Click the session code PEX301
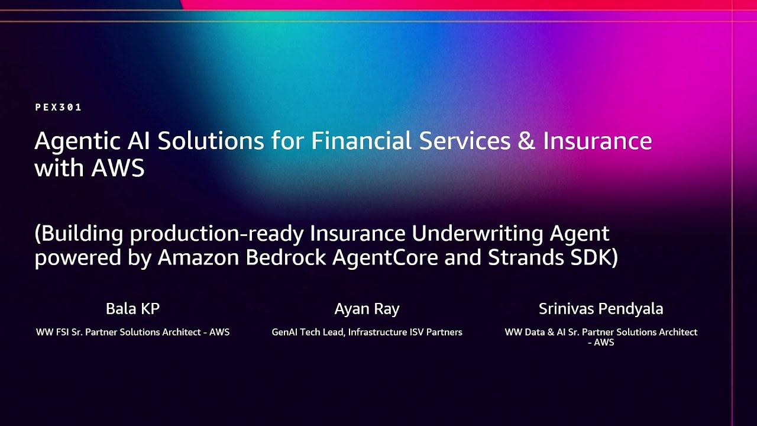coord(58,107)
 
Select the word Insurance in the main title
coord(597,141)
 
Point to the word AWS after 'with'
coord(118,168)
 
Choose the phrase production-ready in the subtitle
coord(217,234)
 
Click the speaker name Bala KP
coord(132,309)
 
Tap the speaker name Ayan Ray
coord(367,309)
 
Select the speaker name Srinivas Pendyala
coord(600,309)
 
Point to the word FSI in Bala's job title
coord(62,333)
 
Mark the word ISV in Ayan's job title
coord(418,333)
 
